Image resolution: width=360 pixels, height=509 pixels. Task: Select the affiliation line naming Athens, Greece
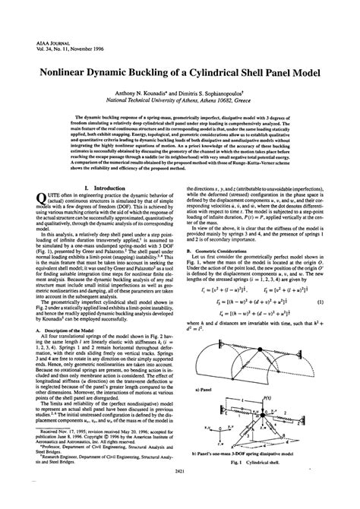179,99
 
